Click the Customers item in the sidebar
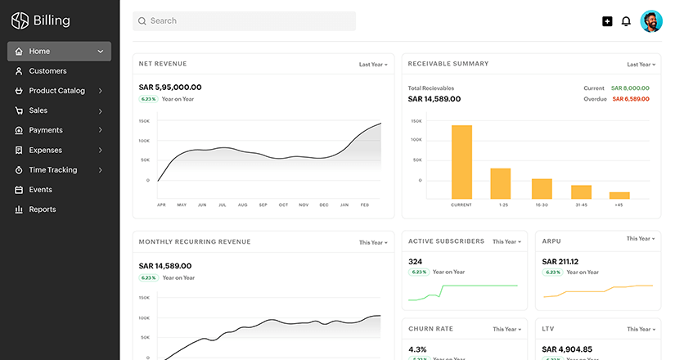(47, 71)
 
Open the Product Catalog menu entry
(56, 91)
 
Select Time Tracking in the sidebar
(52, 170)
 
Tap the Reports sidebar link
(42, 209)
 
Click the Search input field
(244, 21)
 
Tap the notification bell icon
(626, 21)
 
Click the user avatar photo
(651, 21)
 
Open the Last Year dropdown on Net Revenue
(373, 64)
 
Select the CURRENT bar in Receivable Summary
(461, 161)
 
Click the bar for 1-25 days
(501, 182)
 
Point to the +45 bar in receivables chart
(619, 195)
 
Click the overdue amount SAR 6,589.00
(630, 99)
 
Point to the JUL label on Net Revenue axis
(222, 205)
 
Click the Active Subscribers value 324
(415, 262)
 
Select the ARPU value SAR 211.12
(560, 262)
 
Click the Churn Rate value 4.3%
(417, 349)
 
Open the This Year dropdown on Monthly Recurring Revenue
(373, 242)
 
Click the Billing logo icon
(20, 20)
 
